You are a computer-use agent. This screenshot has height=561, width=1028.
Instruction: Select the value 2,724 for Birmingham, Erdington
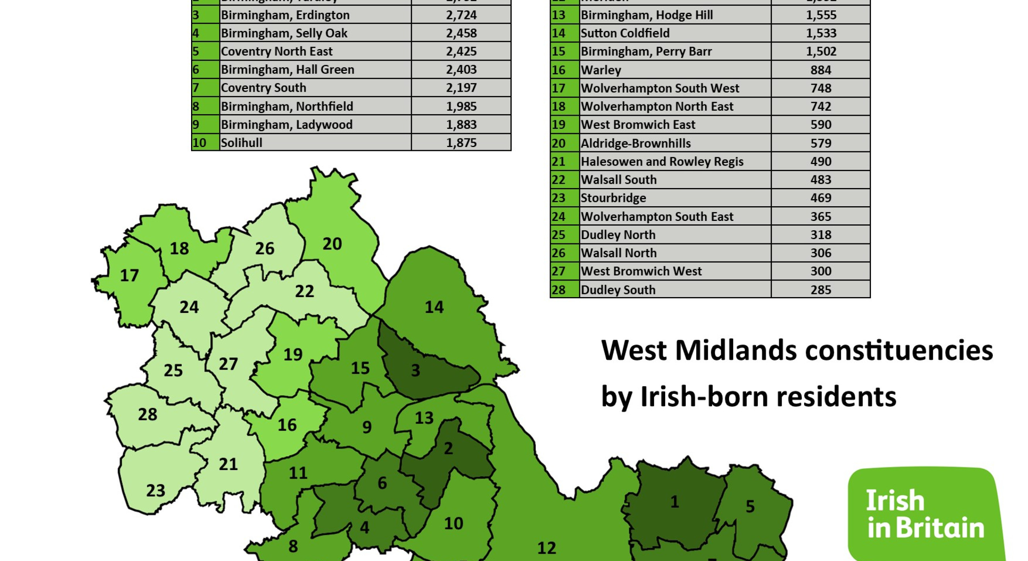pos(461,15)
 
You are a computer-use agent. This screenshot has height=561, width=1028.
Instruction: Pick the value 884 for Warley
pos(820,70)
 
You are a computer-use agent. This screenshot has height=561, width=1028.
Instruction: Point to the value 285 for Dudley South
pos(820,289)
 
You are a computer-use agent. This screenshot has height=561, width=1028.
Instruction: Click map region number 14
pos(434,307)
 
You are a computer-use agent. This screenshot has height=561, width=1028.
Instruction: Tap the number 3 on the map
pos(415,371)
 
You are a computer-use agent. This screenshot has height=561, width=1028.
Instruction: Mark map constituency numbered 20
pos(332,244)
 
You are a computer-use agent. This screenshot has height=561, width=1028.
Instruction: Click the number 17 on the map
pos(129,275)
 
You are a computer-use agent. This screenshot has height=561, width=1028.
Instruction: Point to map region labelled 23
pos(155,490)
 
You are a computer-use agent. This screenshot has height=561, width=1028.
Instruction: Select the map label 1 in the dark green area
pos(675,501)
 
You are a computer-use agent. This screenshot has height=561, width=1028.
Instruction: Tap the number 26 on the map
pos(265,249)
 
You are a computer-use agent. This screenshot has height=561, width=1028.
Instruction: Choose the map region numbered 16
pos(287,425)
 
